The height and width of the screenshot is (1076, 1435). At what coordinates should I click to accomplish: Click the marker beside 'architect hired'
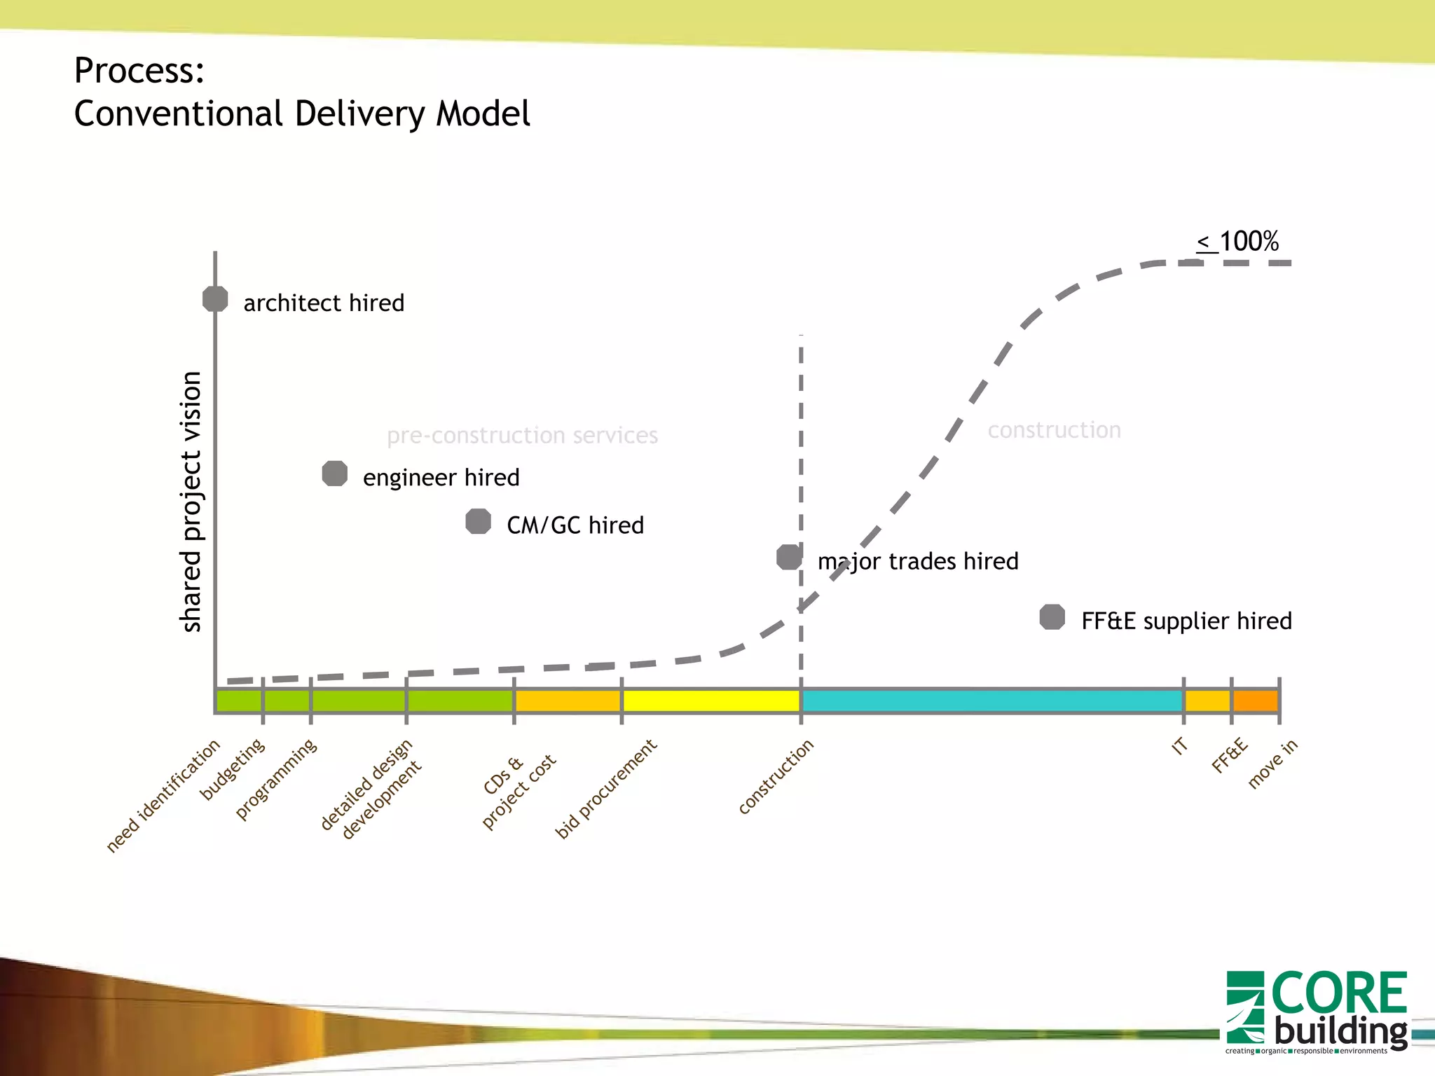(215, 299)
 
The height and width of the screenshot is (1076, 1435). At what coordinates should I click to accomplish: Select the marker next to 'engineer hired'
(335, 474)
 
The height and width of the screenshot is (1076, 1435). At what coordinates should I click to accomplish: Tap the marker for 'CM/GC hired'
(479, 521)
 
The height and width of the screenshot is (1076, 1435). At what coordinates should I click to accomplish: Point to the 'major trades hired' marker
(790, 558)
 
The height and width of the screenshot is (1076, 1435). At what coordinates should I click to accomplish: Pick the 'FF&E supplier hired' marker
(1052, 617)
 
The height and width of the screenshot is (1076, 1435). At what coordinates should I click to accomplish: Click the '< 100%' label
(1238, 242)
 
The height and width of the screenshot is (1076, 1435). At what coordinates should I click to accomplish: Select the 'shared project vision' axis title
(191, 502)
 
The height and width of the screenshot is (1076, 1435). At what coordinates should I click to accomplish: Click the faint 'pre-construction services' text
(522, 436)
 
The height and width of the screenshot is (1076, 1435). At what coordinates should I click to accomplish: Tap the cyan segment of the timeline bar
(991, 701)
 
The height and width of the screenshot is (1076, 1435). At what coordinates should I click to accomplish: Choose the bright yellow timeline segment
(710, 701)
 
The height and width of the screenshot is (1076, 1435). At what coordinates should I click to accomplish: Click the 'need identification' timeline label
(163, 796)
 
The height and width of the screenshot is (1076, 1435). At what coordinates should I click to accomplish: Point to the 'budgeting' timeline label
(233, 768)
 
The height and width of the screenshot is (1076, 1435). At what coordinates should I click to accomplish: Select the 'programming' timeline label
(276, 779)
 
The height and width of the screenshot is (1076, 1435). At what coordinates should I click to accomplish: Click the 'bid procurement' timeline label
(606, 789)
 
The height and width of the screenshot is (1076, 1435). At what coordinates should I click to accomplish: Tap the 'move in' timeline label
(1273, 764)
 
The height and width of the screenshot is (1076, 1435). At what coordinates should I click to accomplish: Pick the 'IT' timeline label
(1180, 746)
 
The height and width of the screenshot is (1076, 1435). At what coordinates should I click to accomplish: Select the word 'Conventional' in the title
(179, 113)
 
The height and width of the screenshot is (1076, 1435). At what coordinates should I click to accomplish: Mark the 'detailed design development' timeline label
(371, 789)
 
